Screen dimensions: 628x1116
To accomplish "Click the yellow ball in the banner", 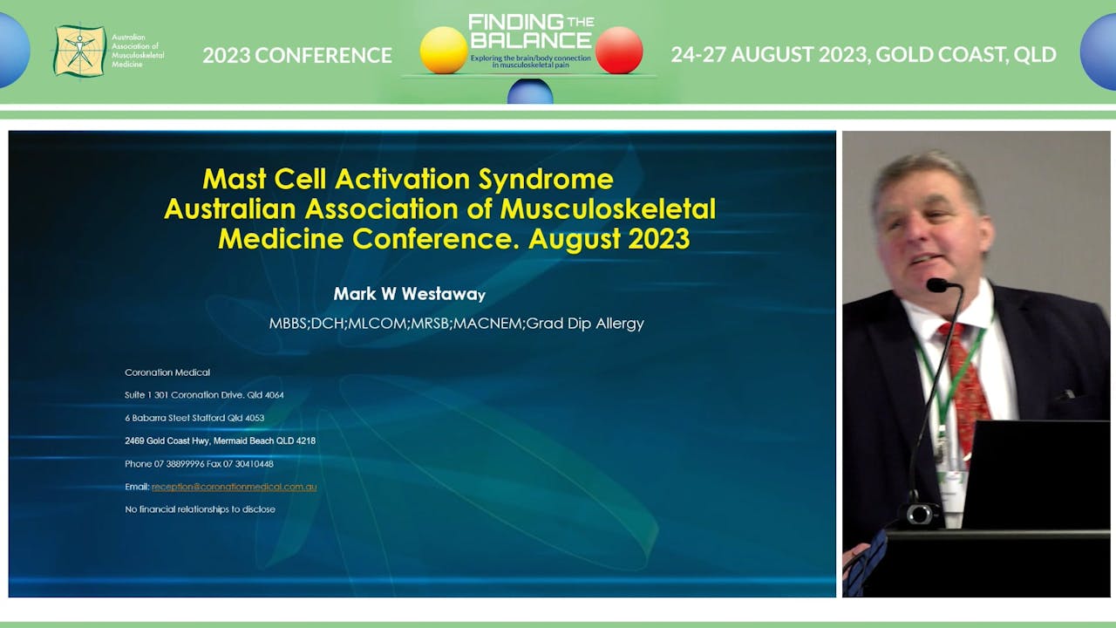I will (444, 50).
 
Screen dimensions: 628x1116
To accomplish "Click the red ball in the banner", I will (619, 50).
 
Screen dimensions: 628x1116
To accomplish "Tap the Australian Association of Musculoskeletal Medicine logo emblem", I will (79, 51).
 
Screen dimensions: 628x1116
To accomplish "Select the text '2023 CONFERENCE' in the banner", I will (297, 55).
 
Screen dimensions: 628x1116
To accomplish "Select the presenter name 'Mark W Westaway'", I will (409, 294).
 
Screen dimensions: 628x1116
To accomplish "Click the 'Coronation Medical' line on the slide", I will (167, 372).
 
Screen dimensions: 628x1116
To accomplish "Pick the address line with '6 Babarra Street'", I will (194, 418).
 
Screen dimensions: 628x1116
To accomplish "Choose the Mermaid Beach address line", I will (220, 440).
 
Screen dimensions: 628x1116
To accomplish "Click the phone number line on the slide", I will (199, 464).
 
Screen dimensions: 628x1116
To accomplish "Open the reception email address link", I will (234, 487).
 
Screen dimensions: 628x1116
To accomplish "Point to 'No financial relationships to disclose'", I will (200, 509).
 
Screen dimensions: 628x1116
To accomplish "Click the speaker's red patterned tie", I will (966, 384).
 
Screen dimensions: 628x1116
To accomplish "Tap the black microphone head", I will (939, 285).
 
